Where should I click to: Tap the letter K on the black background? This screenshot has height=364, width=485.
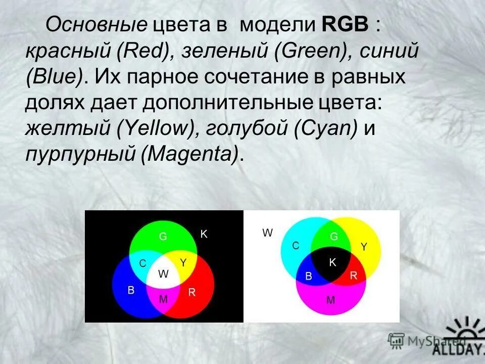coord(204,234)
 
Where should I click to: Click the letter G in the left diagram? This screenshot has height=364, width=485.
coord(163,236)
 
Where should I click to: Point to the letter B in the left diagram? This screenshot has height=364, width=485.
coord(131,290)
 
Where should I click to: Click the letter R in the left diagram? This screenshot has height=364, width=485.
coord(192,292)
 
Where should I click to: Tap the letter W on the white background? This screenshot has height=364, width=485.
coord(267,233)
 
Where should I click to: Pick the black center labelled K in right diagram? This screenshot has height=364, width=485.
coord(332,262)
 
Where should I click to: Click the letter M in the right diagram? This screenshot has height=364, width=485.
coord(330,300)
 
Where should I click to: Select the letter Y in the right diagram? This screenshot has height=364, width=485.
coord(363,246)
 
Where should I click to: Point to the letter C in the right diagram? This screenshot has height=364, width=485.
coord(296,245)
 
